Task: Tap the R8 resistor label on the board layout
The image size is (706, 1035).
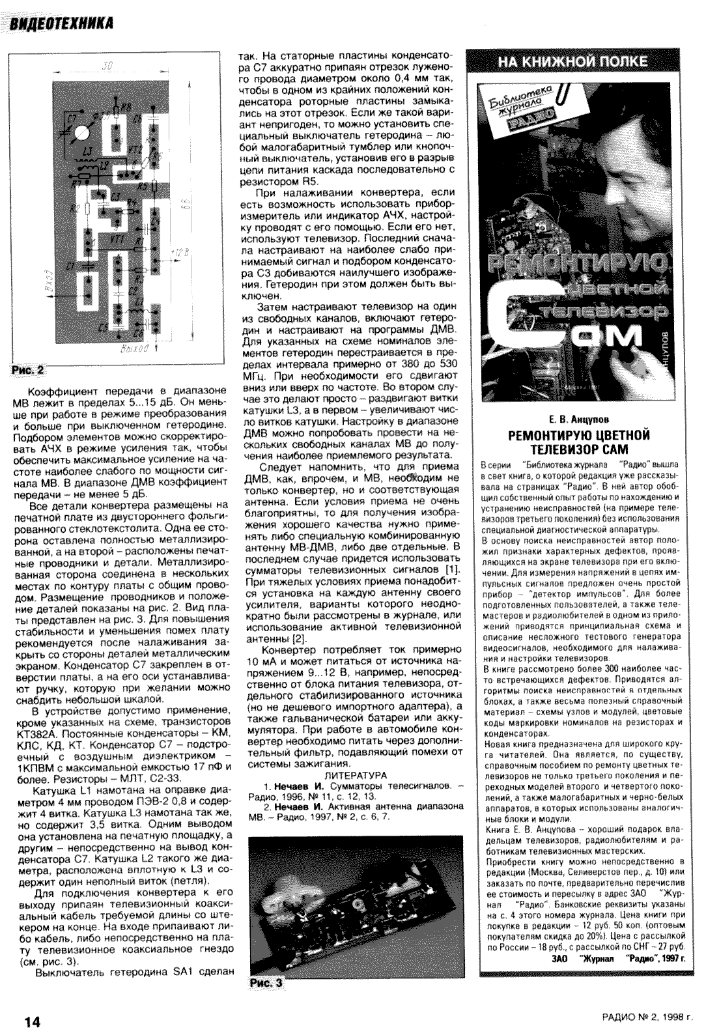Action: click(126, 106)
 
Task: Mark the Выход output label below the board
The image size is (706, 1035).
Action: click(135, 350)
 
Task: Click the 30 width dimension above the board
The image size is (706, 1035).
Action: click(108, 66)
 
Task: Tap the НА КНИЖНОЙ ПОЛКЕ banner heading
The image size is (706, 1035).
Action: click(572, 62)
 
